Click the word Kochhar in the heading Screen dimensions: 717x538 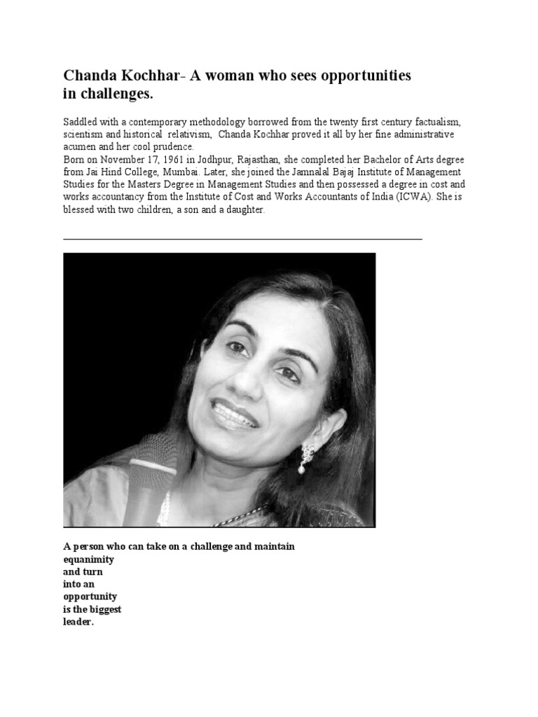coord(144,75)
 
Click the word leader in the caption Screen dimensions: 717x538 coord(78,622)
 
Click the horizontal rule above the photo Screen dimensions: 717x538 coord(242,239)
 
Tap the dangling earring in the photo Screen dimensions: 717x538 coord(306,458)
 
